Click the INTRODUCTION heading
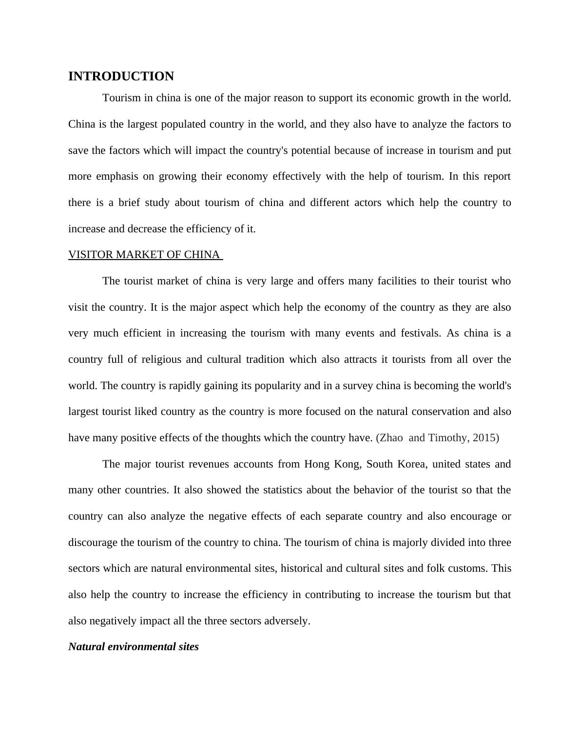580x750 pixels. coord(121,76)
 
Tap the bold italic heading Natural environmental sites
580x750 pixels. coord(134,647)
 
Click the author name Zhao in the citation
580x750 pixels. coord(391,438)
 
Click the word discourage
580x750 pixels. coord(93,543)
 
